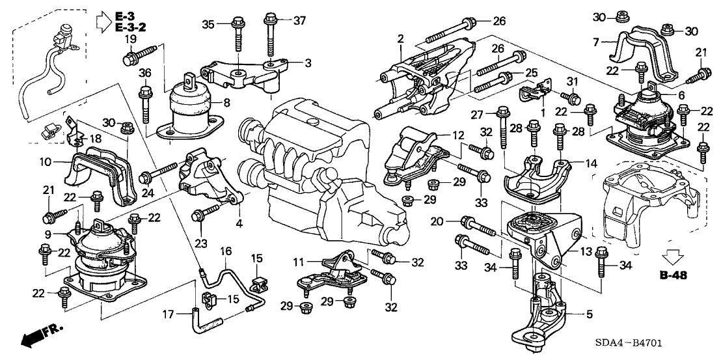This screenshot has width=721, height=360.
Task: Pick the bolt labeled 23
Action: tap(207, 211)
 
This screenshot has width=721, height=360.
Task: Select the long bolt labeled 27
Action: tap(502, 130)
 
